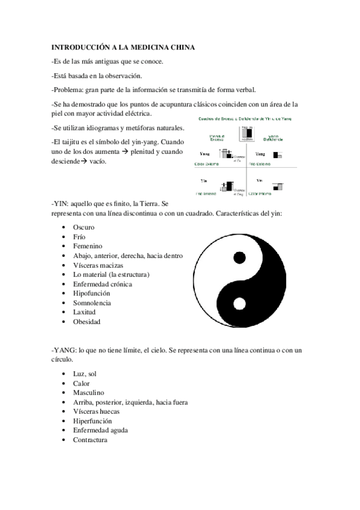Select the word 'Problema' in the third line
click(x=68, y=90)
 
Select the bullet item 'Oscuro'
click(x=84, y=227)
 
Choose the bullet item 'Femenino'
click(x=88, y=246)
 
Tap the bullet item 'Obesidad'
click(x=87, y=322)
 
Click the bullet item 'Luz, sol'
click(x=85, y=373)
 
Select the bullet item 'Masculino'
click(x=88, y=393)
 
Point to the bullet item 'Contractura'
click(x=90, y=440)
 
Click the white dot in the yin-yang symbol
click(x=239, y=304)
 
